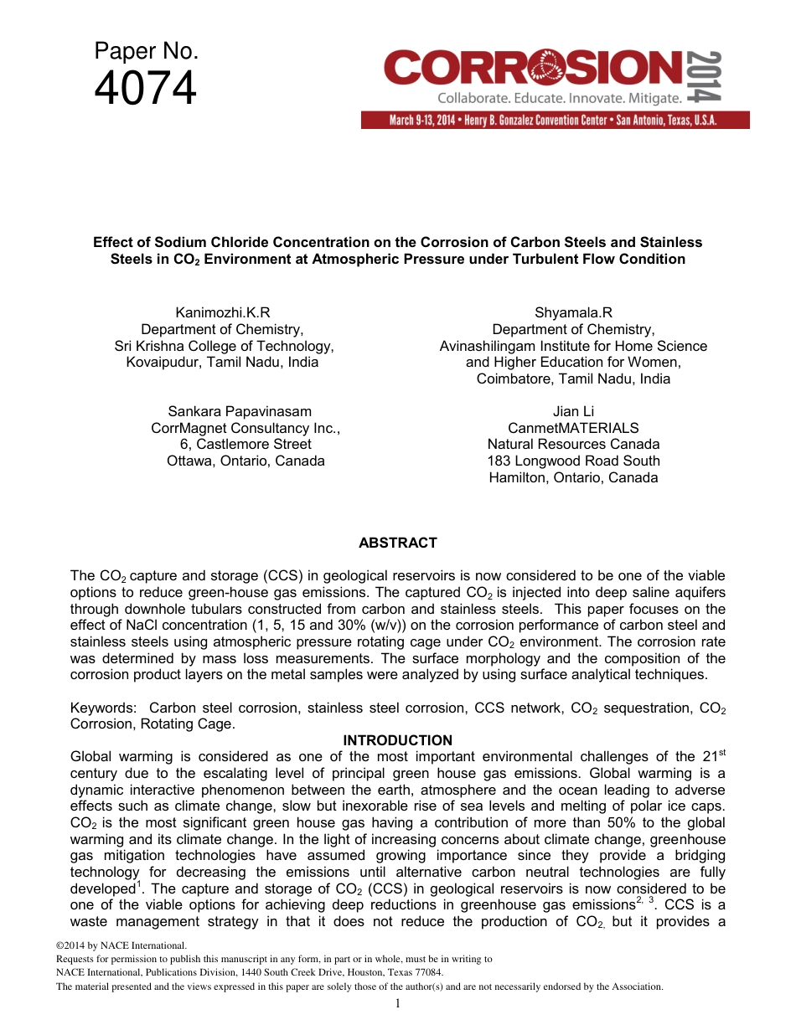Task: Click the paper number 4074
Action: (x=146, y=90)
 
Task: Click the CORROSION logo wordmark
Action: (x=532, y=67)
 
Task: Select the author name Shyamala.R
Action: (x=573, y=313)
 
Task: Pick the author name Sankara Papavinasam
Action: (x=240, y=411)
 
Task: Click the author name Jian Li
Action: (x=573, y=411)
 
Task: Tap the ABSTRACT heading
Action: (x=398, y=543)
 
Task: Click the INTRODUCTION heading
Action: (x=398, y=740)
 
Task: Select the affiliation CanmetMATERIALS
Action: (x=573, y=428)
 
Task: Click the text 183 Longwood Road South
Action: (x=573, y=461)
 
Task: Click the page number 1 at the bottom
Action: (x=398, y=1004)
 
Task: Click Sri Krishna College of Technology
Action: (x=224, y=346)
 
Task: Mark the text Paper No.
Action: (x=146, y=52)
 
